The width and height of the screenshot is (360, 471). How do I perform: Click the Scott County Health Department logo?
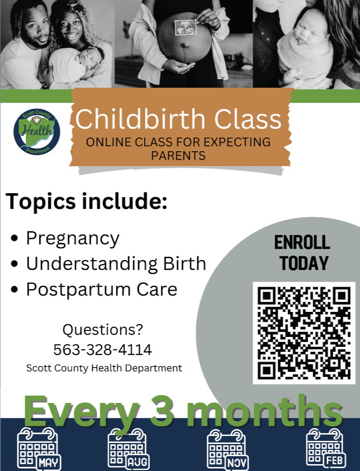point(36,132)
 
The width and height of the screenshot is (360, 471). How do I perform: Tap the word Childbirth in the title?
point(140,119)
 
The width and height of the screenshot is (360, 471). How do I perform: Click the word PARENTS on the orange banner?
point(179,156)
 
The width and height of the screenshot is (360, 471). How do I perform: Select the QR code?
point(304,333)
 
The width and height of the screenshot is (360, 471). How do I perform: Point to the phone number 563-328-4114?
point(103,350)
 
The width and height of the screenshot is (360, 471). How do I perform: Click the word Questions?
point(103,330)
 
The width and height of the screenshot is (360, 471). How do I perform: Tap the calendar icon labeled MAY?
point(39,449)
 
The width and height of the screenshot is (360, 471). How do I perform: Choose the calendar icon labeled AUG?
point(129,449)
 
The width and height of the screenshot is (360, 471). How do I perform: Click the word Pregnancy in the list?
point(73,239)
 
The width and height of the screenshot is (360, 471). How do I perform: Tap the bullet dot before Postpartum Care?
point(14,289)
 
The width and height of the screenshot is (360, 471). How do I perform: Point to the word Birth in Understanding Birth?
point(184,264)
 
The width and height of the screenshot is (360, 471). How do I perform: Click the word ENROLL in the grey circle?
point(302,242)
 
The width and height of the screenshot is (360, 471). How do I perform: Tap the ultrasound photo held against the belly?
point(185,28)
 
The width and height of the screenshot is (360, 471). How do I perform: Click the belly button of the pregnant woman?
point(184,45)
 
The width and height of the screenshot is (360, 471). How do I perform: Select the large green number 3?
point(162,410)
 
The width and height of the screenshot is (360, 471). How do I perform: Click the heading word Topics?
point(40,202)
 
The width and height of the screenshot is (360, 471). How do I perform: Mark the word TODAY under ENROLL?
point(304,264)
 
